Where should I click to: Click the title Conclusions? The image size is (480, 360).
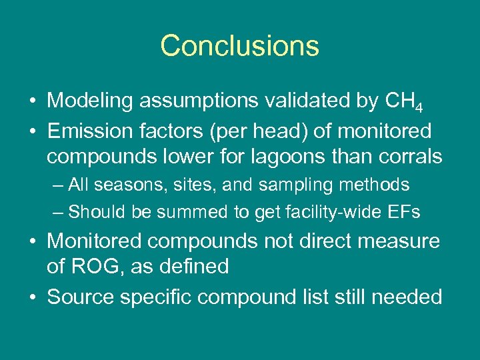coord(240,46)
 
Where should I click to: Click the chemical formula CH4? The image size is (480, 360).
coord(405,102)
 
